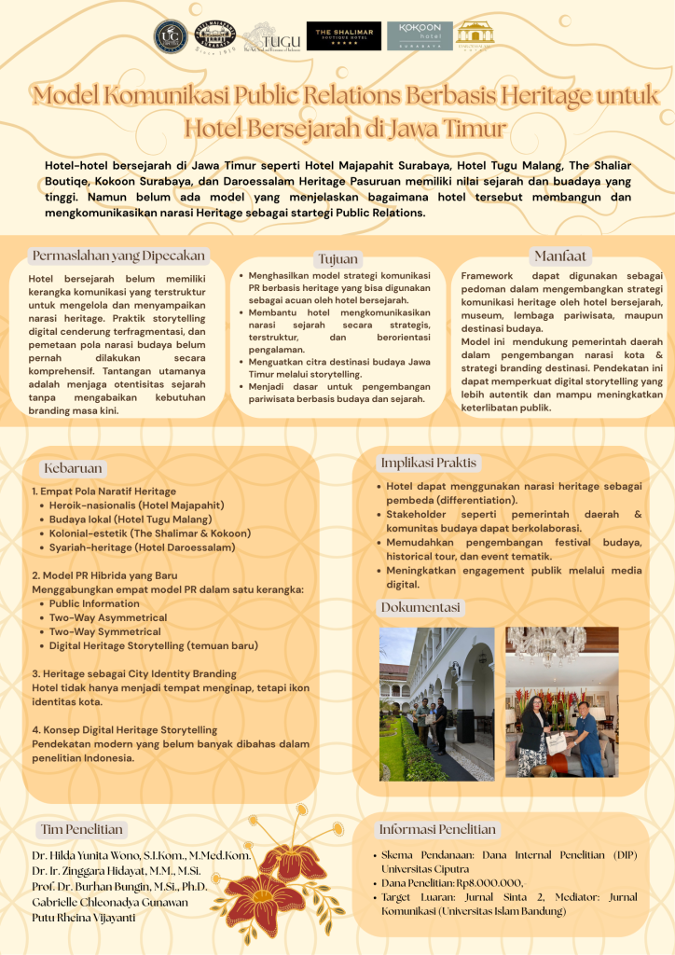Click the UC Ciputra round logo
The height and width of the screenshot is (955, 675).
point(170,35)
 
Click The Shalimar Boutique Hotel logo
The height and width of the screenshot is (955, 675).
point(343,35)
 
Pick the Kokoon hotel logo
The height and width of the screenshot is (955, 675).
point(420,35)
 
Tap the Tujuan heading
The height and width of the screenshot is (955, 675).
point(337,259)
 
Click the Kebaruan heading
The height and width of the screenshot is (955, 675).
point(73,468)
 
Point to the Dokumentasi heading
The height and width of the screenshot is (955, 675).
point(420,608)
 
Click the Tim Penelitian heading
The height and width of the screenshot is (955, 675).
point(82,829)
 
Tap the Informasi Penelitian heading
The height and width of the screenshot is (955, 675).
point(437,829)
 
